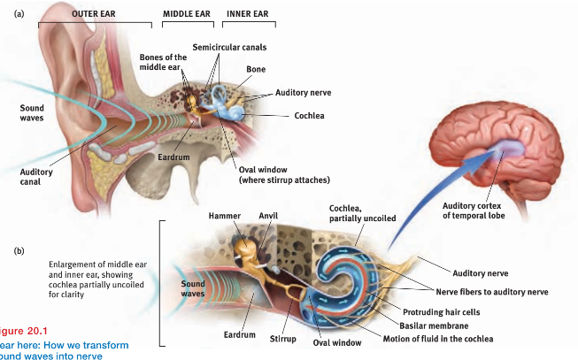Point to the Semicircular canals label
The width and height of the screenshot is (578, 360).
pyautogui.click(x=229, y=47)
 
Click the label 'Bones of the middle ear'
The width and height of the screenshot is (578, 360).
pyautogui.click(x=162, y=62)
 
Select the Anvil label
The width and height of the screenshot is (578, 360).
pyautogui.click(x=268, y=215)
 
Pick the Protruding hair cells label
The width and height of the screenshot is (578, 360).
pyautogui.click(x=442, y=312)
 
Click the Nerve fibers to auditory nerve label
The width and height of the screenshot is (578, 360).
pyautogui.click(x=492, y=291)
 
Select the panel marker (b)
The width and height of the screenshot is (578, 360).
pyautogui.click(x=19, y=250)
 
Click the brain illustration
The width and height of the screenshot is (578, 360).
pyautogui.click(x=495, y=133)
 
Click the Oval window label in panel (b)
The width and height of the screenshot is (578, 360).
pyautogui.click(x=335, y=342)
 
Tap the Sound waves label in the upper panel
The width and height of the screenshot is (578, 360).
pyautogui.click(x=32, y=113)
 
